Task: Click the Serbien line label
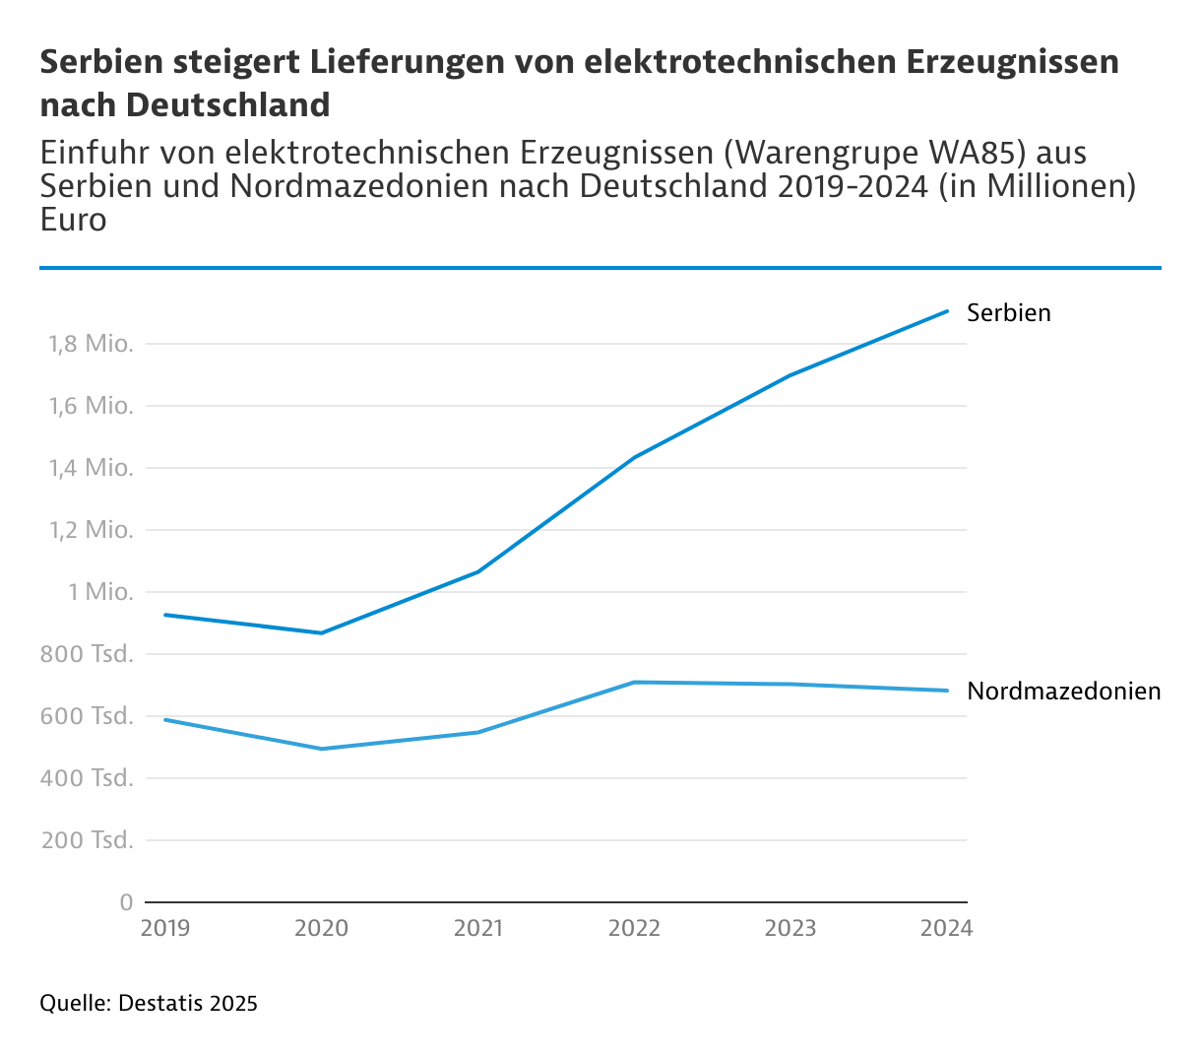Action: (1008, 312)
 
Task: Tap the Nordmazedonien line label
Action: (1063, 691)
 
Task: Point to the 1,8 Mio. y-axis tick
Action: (91, 344)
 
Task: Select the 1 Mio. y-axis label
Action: (99, 592)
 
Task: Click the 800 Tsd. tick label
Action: (87, 654)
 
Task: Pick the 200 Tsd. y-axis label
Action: (87, 840)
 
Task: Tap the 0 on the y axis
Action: (126, 901)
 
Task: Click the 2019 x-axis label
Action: (165, 928)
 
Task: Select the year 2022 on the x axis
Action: (635, 928)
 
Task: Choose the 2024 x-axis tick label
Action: (946, 928)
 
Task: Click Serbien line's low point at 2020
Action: (322, 632)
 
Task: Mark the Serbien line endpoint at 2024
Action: (947, 311)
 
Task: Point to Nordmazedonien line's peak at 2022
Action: (635, 682)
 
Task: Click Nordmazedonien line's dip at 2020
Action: (322, 749)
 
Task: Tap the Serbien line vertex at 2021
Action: (478, 571)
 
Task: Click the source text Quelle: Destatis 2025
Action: (149, 1004)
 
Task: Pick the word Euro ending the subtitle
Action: (74, 219)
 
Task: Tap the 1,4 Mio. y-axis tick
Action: (91, 468)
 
